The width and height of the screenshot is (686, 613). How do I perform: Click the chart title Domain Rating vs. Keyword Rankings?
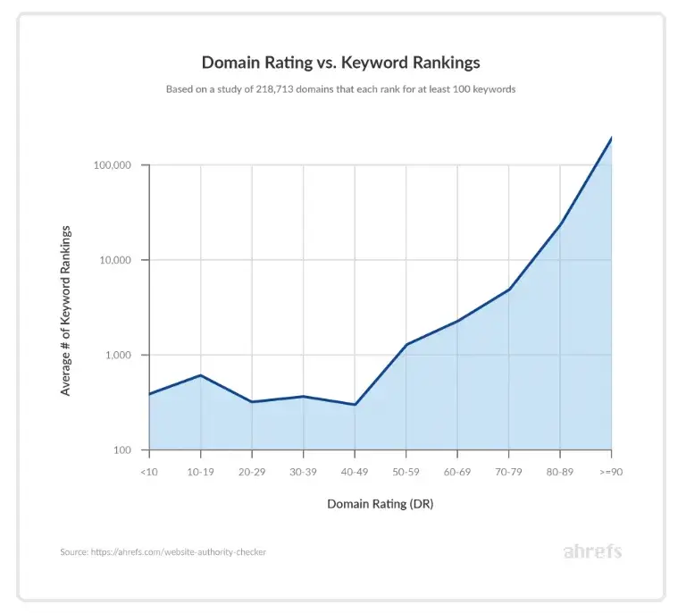point(340,63)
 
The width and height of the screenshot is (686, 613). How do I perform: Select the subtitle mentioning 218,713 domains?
point(340,90)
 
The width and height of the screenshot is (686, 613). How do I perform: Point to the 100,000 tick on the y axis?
point(112,165)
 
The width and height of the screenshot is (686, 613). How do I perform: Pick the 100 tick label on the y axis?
point(122,450)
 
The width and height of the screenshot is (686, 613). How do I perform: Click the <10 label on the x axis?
point(148,471)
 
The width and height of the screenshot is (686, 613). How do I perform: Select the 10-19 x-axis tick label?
point(200,471)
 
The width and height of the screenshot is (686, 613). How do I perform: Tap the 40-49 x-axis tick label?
point(355,471)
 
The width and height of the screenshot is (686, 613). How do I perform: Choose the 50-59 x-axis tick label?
point(406,471)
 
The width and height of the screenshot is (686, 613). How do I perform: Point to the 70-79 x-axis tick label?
point(508,471)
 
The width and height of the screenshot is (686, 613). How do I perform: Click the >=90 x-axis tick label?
point(611,471)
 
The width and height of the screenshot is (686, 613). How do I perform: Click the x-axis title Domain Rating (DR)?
point(380,504)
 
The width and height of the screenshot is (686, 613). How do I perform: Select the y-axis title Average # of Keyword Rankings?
point(66,310)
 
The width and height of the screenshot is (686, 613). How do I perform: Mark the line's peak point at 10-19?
point(201,375)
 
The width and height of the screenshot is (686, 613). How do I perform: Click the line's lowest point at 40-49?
point(355,405)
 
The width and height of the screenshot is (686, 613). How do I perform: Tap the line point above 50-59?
point(406,344)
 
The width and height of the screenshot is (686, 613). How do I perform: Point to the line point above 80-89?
point(560,223)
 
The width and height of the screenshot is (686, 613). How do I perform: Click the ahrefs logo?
point(592,551)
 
